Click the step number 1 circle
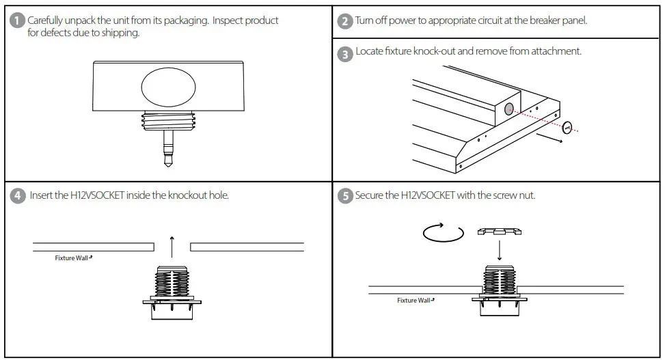[x=18, y=21]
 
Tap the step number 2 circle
[x=346, y=20]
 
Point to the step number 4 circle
[x=18, y=196]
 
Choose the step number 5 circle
[x=346, y=196]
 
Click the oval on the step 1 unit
[x=168, y=88]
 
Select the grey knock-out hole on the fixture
[x=509, y=109]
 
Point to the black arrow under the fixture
[x=550, y=139]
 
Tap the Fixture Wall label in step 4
[x=72, y=258]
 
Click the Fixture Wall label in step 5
[x=416, y=300]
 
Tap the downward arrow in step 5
[x=500, y=250]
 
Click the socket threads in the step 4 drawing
[x=172, y=281]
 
